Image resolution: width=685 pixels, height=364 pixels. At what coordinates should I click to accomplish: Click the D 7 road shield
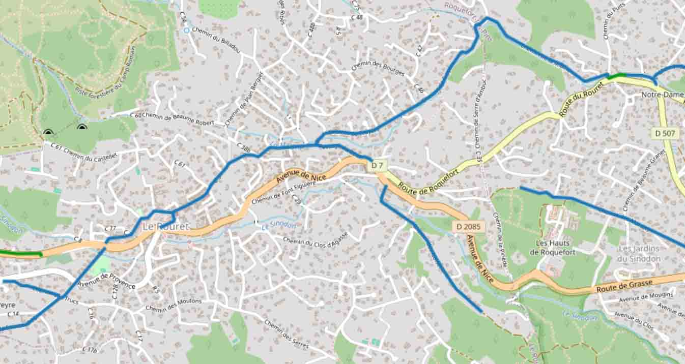377,166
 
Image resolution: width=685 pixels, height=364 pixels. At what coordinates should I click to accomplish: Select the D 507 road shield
665,133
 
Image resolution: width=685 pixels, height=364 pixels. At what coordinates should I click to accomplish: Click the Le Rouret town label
165,226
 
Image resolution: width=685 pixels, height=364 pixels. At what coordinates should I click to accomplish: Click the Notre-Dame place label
662,95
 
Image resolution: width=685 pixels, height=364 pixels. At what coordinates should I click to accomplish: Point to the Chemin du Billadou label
216,40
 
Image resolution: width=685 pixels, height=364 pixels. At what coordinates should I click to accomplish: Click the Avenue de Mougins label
646,297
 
